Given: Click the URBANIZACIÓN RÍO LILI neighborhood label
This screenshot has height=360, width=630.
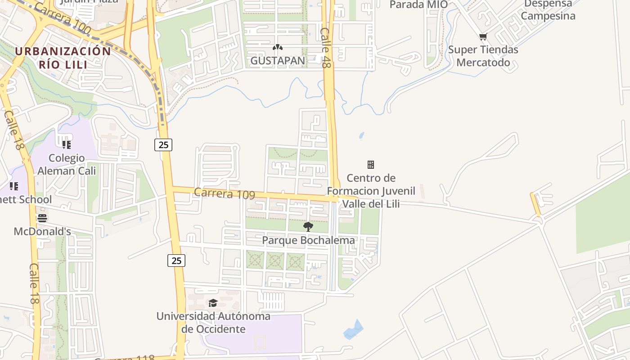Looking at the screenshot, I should (x=63, y=57).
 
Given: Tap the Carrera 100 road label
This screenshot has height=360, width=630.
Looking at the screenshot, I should (x=62, y=18).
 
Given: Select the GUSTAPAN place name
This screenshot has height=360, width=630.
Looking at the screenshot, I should (x=278, y=60).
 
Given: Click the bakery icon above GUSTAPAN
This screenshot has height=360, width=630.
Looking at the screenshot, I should (x=278, y=47).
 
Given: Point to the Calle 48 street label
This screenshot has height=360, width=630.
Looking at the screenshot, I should (x=325, y=48).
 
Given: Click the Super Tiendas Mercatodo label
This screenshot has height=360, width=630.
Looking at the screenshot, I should (x=483, y=56).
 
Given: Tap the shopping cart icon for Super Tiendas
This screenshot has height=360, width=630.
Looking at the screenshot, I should (x=483, y=37).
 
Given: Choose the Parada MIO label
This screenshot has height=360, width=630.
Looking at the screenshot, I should (x=418, y=4).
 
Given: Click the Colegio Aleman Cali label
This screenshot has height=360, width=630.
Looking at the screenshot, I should (x=67, y=164).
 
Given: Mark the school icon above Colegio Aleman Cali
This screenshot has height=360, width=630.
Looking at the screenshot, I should (x=67, y=145).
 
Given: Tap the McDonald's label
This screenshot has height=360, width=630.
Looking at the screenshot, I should (x=42, y=231).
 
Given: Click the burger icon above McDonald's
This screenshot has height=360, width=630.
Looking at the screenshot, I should (x=42, y=219).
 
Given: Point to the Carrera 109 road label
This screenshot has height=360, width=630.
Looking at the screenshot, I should (x=225, y=193).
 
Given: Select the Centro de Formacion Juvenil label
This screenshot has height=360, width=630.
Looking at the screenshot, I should (x=371, y=191).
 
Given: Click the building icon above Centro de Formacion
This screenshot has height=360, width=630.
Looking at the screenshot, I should (x=371, y=165).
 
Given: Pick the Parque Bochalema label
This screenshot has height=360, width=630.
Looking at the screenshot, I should (x=308, y=240).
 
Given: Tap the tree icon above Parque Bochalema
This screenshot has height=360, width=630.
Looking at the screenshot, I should (x=308, y=226).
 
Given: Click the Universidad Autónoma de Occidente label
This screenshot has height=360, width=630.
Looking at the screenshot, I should (x=213, y=323).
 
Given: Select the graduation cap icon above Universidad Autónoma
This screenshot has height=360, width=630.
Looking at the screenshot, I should (x=213, y=303).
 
